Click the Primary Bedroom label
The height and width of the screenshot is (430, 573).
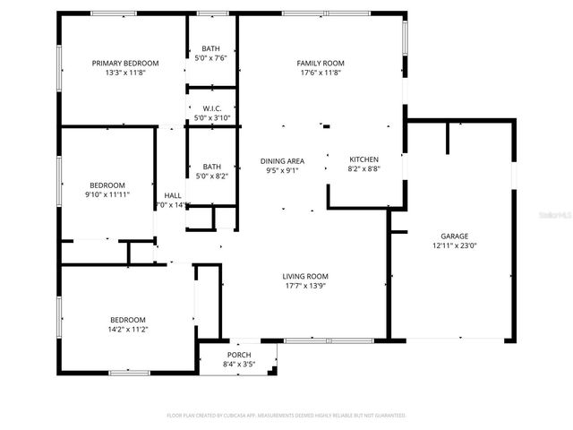pos(125,63)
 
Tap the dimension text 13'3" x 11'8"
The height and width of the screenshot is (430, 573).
pos(125,73)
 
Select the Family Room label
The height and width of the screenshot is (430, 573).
pos(321,63)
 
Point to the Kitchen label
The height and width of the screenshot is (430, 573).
pos(363,159)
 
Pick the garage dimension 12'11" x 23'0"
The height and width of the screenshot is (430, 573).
pos(455,245)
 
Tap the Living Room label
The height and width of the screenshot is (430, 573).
pos(306,276)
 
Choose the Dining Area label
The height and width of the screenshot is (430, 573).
pos(282,160)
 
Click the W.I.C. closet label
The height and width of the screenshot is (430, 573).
pos(211,108)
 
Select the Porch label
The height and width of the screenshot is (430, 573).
pos(239,355)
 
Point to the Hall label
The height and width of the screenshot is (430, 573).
pos(173,195)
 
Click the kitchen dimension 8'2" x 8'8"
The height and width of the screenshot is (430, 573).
pos(363,168)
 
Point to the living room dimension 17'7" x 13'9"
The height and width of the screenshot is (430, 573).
pos(306,286)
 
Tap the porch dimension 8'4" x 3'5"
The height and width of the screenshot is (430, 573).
pos(239,365)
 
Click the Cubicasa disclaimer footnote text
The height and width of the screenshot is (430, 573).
pos(286,416)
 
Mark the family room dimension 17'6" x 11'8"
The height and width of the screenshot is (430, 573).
pos(321,73)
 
